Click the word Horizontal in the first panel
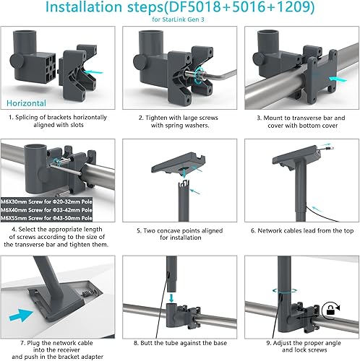pos(26,103)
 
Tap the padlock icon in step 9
pos(330,311)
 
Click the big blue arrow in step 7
pos(21,316)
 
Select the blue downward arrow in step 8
pos(171,297)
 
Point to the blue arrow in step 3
pos(338,79)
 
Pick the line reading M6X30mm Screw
pos(46,201)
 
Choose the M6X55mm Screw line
pos(46,218)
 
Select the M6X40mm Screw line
pos(46,210)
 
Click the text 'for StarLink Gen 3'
pos(178,19)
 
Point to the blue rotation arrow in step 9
pos(285,291)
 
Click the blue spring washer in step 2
pos(199,74)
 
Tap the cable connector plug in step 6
pos(329,147)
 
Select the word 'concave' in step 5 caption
pos(164,231)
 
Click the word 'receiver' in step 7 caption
pos(69,350)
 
